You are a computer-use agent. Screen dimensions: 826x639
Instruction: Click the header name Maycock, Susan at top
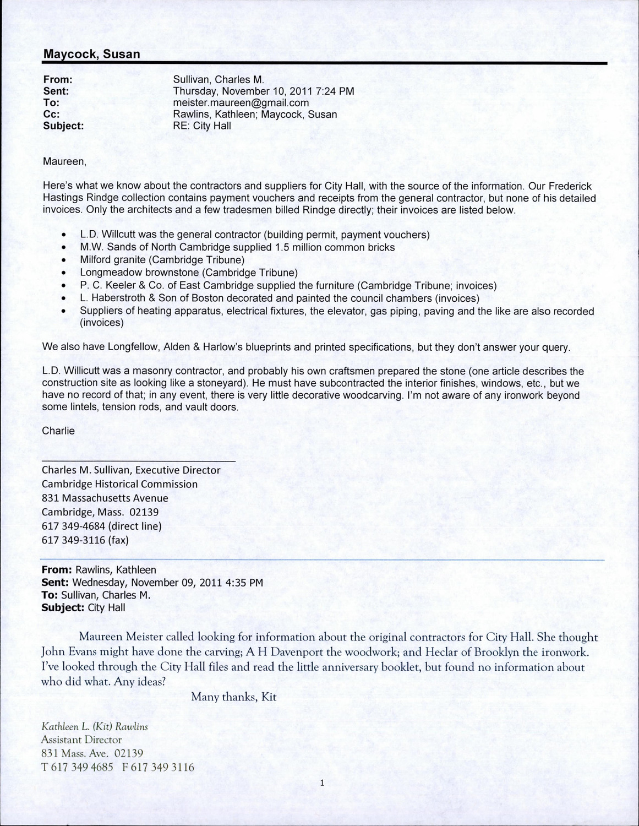[91, 54]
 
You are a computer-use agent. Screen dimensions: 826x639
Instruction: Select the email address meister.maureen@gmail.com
[241, 103]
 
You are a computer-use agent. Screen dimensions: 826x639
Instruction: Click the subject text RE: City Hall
[202, 126]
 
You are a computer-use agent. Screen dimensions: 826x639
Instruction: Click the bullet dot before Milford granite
[65, 260]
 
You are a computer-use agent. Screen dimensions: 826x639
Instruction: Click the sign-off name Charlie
[58, 431]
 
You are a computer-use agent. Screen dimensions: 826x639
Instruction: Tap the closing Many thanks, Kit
[233, 697]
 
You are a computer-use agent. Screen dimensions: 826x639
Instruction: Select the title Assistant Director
[82, 740]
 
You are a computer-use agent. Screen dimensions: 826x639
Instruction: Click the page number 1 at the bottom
[320, 781]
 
